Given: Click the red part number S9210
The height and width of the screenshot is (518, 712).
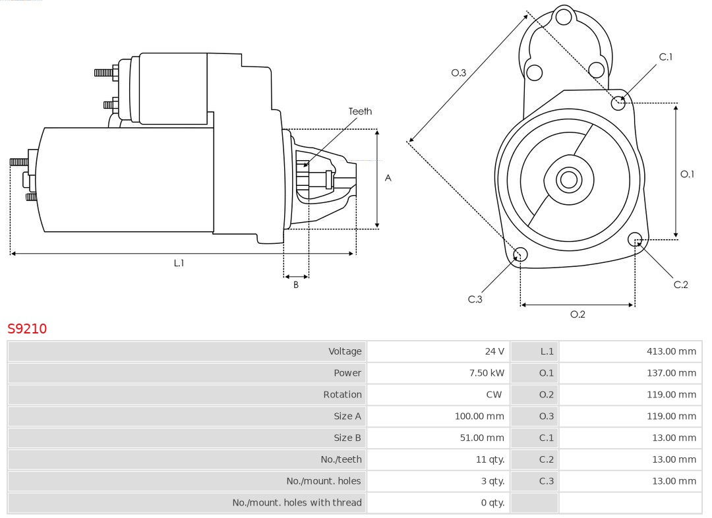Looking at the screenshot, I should point(27,328).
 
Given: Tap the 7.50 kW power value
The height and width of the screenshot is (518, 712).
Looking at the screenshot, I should point(487,373).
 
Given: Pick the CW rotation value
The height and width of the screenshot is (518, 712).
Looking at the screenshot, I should point(494,395).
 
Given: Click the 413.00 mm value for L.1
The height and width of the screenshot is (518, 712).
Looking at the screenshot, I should point(671,351).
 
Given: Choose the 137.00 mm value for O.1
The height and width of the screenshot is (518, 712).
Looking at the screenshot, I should point(671,373).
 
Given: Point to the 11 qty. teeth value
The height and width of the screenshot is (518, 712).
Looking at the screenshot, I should point(489,459).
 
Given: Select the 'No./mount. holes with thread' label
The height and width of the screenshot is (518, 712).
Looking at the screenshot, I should point(297,503).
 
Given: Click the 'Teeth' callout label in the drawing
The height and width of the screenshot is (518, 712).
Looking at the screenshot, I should point(360,111).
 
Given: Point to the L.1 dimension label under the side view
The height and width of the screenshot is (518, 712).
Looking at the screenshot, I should point(179,263).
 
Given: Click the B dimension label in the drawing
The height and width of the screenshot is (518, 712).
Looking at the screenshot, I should point(296,285).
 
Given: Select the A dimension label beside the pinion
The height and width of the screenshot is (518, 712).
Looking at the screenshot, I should point(388,178).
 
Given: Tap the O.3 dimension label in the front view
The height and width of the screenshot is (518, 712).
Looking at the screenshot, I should point(459,72).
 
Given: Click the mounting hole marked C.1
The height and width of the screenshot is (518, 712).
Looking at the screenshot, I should point(618,102).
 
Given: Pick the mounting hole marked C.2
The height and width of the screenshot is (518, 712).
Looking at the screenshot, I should point(635,239).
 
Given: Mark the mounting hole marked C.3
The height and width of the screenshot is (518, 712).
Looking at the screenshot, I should point(520,254).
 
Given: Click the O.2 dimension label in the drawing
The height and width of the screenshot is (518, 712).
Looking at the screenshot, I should point(578,314).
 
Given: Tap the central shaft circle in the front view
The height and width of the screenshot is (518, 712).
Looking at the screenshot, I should point(568,179).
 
